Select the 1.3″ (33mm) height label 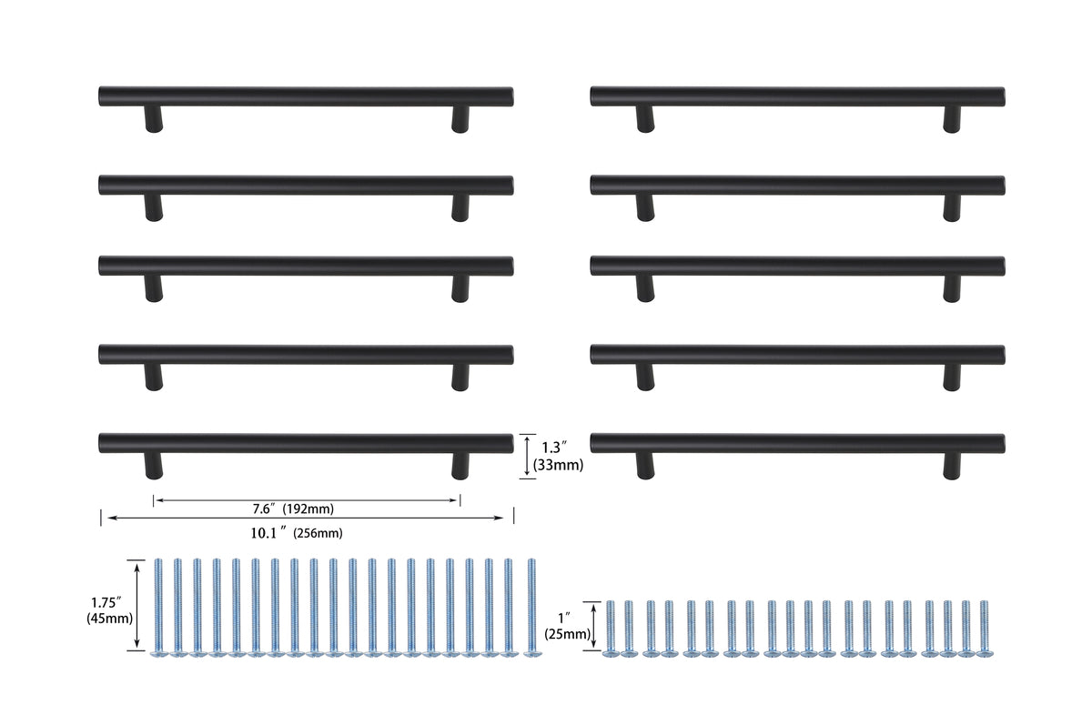[562, 456]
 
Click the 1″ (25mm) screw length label [566, 626]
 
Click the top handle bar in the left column [306, 96]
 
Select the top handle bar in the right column [797, 96]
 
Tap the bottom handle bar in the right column [797, 443]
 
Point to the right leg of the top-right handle [952, 119]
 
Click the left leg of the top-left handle [154, 119]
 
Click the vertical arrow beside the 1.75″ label [137, 605]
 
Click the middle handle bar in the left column [306, 266]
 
